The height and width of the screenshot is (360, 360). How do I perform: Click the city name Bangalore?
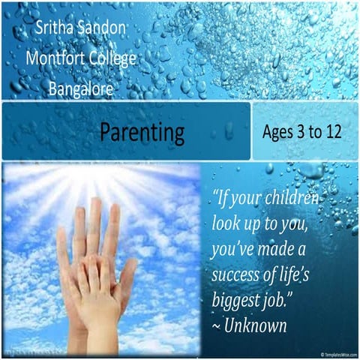[81, 89]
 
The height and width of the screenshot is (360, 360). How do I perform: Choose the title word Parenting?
[142, 133]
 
